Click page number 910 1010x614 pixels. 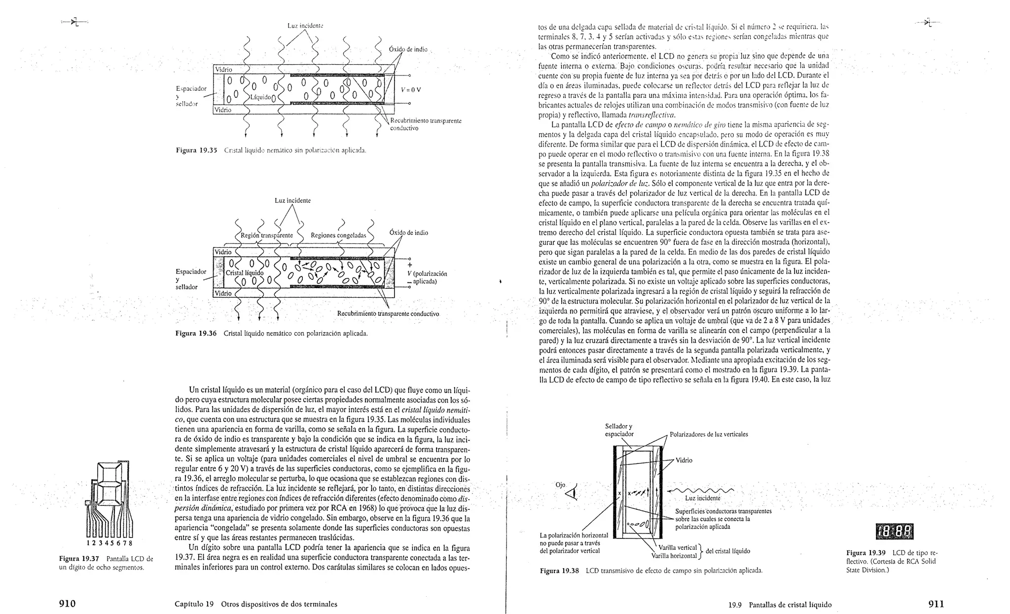67,604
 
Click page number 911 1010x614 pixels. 936,604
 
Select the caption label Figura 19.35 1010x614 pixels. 197,150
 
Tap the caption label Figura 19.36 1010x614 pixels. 196,333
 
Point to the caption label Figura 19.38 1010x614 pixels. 559,571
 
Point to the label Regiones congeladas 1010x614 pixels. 338,235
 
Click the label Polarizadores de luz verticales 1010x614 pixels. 709,434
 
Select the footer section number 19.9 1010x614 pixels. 735,605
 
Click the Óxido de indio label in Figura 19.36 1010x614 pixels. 408,232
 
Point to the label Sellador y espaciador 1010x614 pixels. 619,430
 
